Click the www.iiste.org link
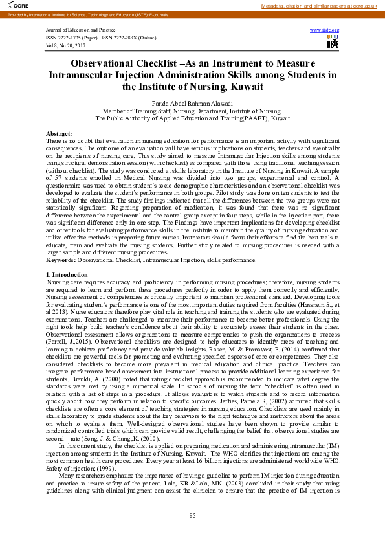tap(325, 30)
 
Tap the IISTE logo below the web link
tap(333, 42)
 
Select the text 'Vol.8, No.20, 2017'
tap(66, 46)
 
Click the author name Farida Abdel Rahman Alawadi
tap(192, 103)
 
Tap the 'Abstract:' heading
tap(60, 133)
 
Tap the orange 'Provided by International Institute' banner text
tap(84, 13)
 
